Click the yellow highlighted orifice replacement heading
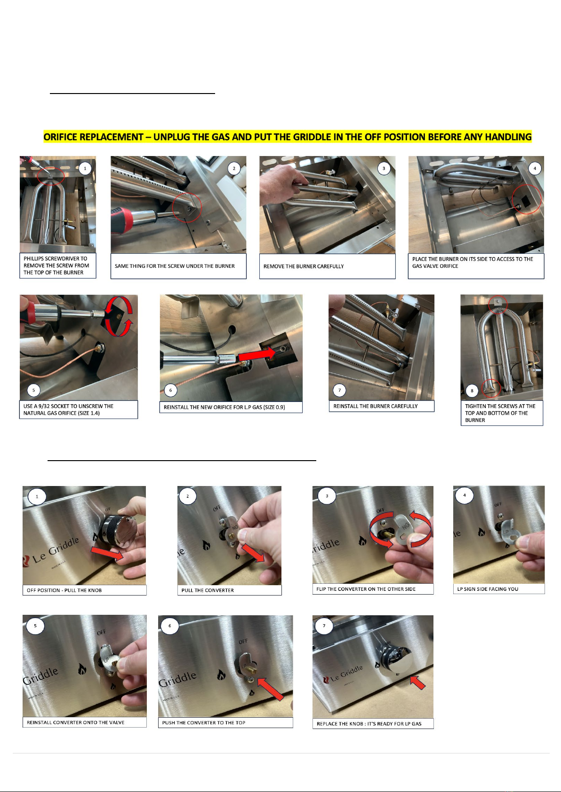288,137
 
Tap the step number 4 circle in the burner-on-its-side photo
535,168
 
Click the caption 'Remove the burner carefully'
304,266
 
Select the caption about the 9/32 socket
68,409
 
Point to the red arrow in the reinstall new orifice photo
257,354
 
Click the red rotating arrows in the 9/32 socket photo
119,316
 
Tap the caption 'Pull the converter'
208,590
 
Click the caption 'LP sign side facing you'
488,589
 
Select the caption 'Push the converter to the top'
203,723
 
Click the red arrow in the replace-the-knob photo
417,682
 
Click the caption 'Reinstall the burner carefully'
375,406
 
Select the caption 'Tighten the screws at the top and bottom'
500,413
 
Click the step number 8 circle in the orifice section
472,391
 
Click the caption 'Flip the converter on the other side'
366,589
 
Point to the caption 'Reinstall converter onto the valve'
75,722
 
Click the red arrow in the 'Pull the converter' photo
253,552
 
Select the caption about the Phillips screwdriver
56,266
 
